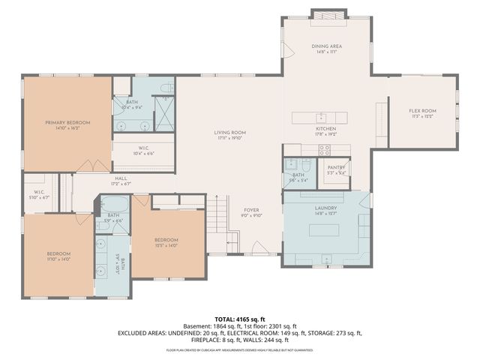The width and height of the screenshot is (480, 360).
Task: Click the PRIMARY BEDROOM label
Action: click(x=67, y=122)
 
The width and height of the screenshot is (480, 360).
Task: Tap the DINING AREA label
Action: click(x=327, y=46)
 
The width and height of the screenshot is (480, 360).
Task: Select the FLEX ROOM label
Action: click(x=422, y=111)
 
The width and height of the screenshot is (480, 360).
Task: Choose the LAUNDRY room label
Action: click(x=325, y=208)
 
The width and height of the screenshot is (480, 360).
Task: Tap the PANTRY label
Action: click(x=336, y=167)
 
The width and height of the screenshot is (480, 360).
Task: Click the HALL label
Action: click(x=121, y=178)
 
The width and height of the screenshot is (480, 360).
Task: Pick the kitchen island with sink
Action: click(x=320, y=117)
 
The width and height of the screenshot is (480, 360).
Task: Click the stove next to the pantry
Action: click(x=325, y=149)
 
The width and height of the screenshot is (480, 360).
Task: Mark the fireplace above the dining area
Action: click(x=328, y=16)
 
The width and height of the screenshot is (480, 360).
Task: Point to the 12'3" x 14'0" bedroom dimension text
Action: click(x=166, y=245)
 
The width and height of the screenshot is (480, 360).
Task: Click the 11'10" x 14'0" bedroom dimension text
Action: click(x=58, y=259)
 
